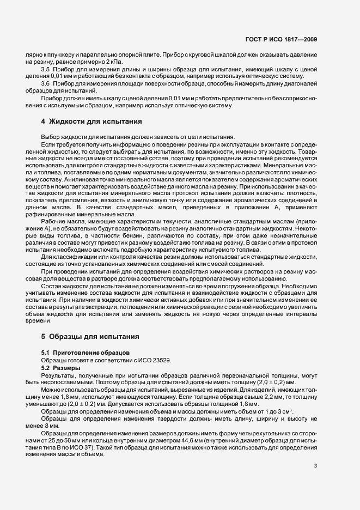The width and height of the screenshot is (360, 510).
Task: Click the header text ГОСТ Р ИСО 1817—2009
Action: [x=286, y=40]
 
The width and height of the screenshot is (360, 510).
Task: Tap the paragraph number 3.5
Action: [x=46, y=70]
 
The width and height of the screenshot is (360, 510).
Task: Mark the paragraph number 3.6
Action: [x=46, y=84]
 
